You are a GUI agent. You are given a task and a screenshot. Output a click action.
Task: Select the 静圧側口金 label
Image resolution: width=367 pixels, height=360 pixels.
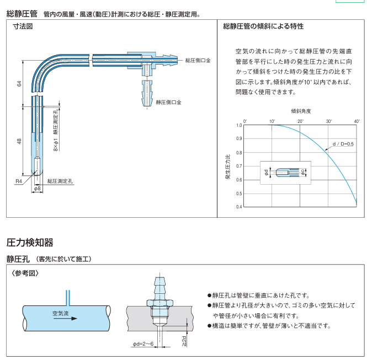pos(169,102)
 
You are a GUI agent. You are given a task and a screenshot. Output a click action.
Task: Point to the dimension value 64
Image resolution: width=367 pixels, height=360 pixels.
pos(19,83)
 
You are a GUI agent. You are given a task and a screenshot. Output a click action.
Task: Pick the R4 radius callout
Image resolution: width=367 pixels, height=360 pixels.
pos(18,181)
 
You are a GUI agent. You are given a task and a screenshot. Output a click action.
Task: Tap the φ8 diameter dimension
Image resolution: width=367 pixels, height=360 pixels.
pos(38,189)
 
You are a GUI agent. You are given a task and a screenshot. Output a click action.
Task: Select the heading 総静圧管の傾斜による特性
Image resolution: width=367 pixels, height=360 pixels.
pos(263,26)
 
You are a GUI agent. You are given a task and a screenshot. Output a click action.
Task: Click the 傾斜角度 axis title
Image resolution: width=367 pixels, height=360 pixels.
pos(301,111)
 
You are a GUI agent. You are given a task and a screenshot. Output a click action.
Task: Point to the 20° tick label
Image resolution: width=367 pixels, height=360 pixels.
pos(301,121)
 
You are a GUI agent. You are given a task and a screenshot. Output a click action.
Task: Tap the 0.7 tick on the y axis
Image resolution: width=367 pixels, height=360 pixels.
pos(239,166)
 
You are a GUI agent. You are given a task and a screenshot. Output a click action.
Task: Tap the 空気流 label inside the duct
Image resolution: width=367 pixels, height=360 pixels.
pos(61,313)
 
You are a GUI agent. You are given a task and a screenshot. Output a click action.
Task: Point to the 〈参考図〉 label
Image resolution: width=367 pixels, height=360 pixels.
pos(25,273)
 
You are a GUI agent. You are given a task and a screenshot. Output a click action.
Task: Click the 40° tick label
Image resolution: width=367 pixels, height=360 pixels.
pos(357,121)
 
